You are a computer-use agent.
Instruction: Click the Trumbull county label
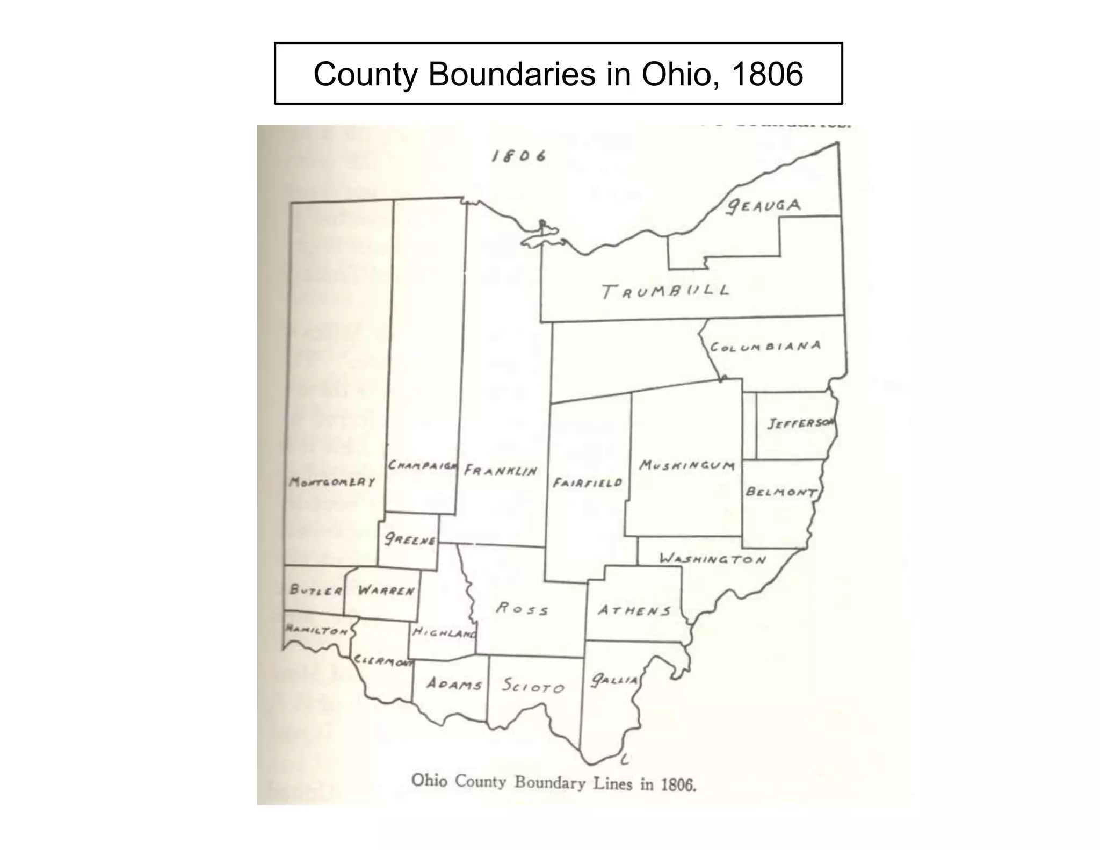coord(665,291)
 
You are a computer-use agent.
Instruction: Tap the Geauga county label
coord(763,206)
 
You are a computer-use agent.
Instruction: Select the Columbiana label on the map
coord(765,347)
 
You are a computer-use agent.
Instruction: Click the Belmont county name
coord(781,492)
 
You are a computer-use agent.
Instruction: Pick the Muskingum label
coord(686,465)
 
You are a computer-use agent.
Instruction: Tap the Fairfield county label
coord(588,482)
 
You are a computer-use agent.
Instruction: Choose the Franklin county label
coord(501,471)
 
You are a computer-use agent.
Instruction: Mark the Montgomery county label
coord(332,481)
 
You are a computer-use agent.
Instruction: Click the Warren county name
coord(386,590)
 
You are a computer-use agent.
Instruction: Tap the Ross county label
coord(522,609)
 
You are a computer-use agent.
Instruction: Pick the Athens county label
coord(634,611)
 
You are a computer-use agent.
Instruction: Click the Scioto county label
coord(533,686)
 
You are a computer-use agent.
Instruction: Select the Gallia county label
coord(614,681)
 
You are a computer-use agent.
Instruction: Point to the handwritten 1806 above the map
coord(519,156)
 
